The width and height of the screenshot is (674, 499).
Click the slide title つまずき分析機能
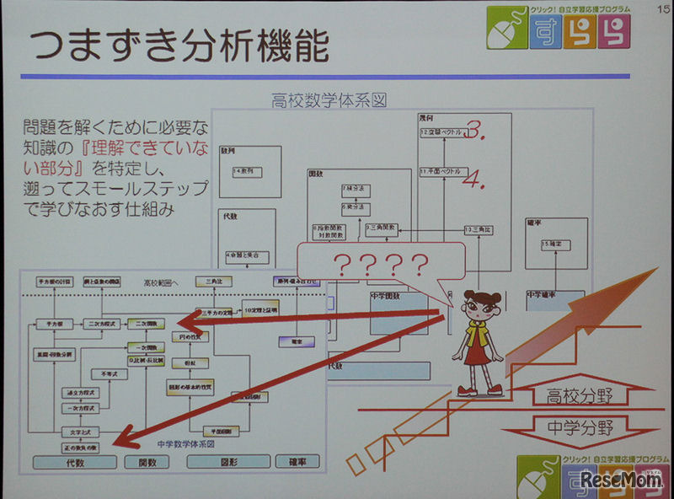[174, 48]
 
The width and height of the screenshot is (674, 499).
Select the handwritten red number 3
[478, 131]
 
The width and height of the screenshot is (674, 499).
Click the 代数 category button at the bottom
[74, 462]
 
